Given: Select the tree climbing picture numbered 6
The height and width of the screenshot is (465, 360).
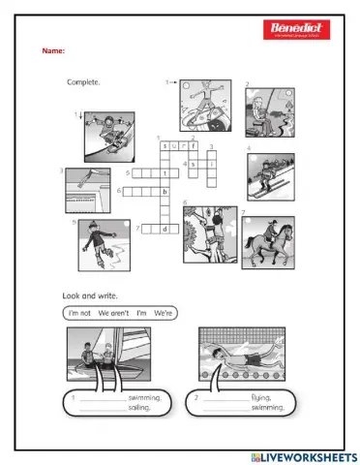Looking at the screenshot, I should [x=210, y=233].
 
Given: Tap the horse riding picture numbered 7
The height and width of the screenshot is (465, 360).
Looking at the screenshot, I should [x=268, y=242].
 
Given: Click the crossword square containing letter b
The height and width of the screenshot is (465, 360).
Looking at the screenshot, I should [x=165, y=192].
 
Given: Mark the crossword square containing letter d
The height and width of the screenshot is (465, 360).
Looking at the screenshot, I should [x=165, y=229].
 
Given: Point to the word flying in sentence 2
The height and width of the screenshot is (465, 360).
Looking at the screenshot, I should [x=272, y=397].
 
